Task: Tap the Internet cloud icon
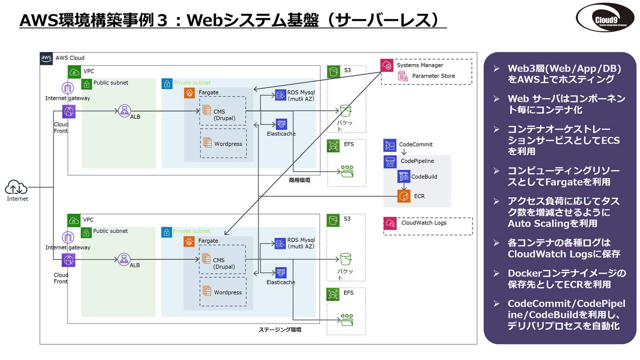coord(17,187)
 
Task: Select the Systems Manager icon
coord(387,65)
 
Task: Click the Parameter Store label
coord(433,76)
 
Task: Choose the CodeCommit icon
coord(390,145)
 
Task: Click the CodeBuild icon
coord(404,176)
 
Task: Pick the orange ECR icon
coord(404,196)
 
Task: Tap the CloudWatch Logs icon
coord(390,223)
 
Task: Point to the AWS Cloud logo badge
coord(46,58)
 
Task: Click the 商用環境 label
coord(299,180)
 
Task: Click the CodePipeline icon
coord(390,161)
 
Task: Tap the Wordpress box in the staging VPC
coord(223,292)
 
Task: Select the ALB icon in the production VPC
coord(124,111)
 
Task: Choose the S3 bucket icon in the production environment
coord(346,110)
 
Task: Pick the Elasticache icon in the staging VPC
coord(281,273)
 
